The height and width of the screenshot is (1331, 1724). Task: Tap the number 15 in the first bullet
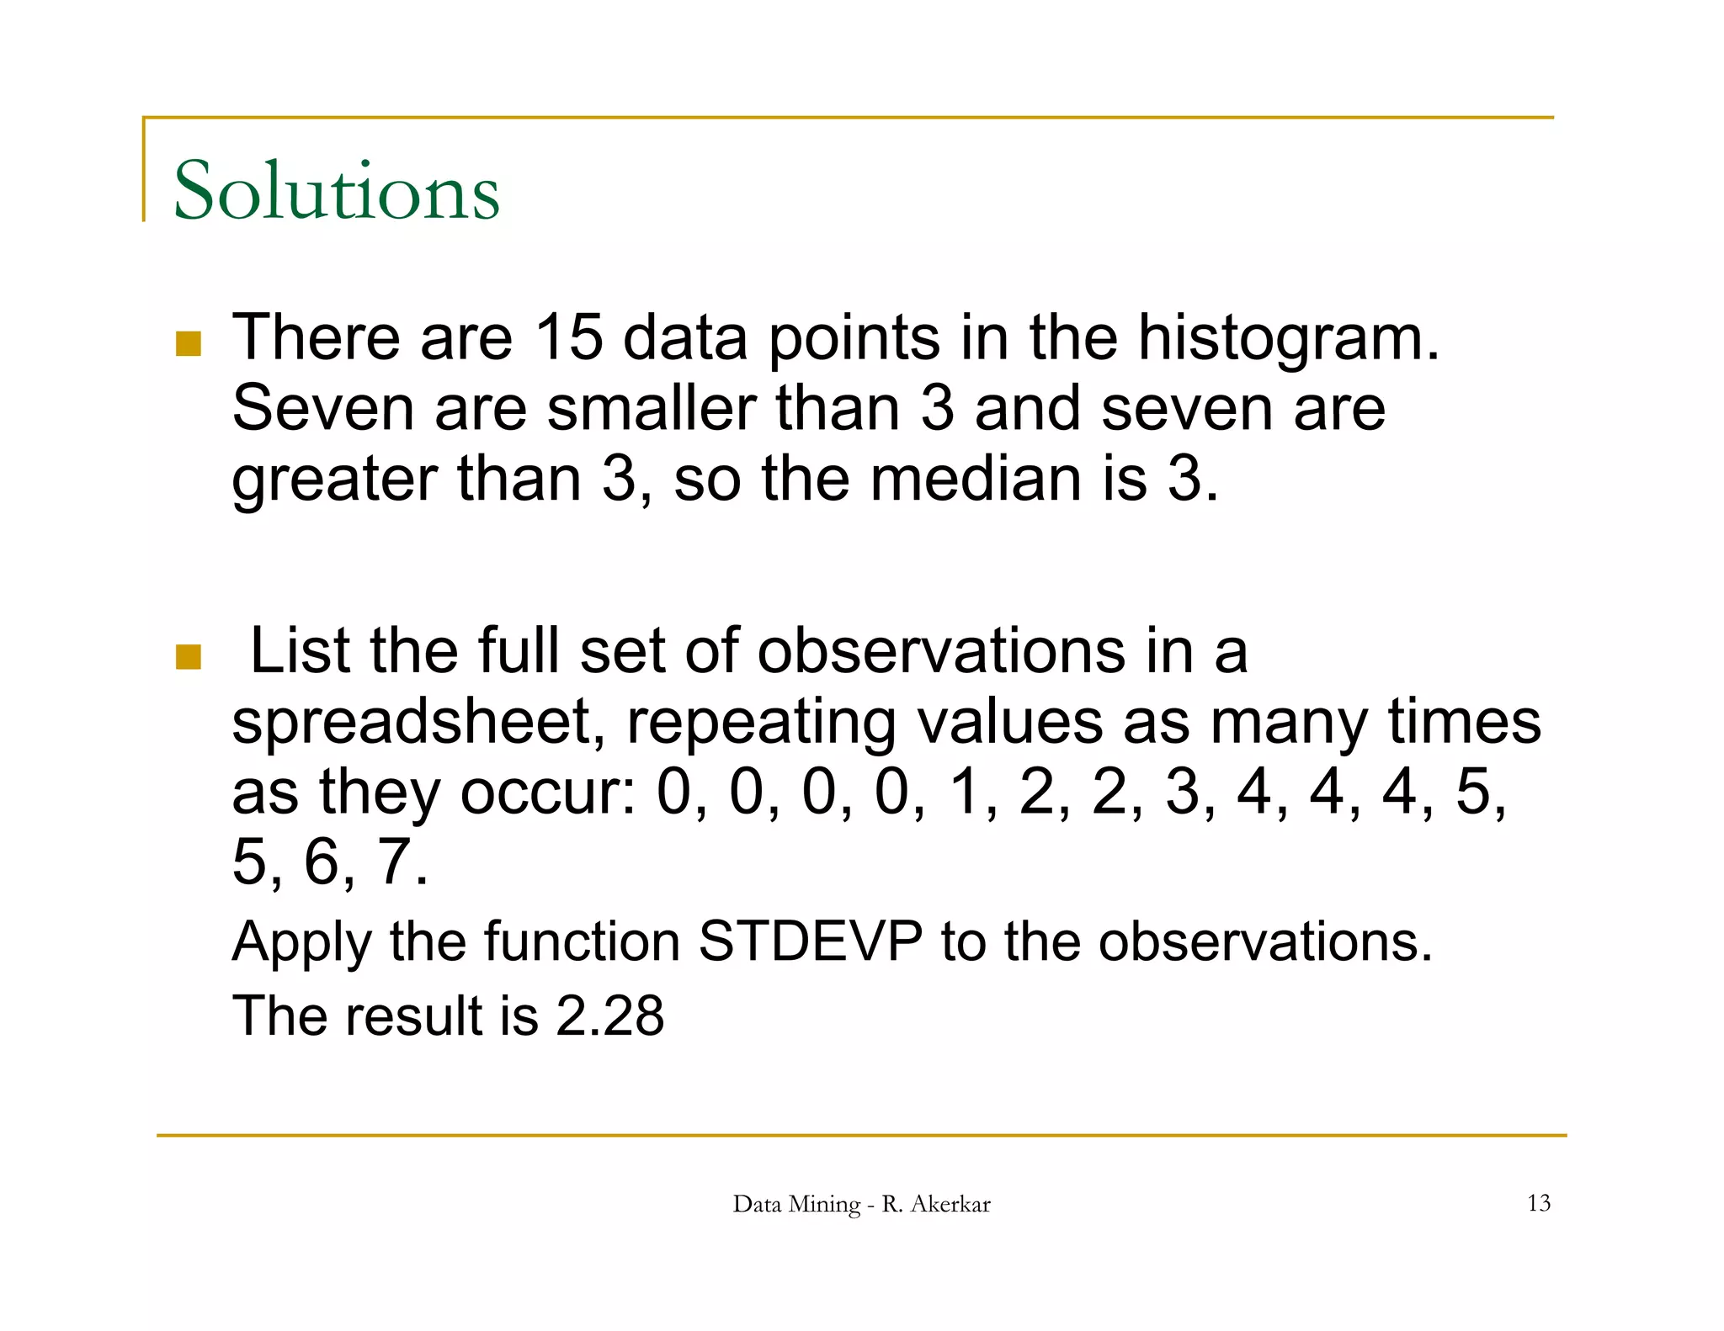(x=569, y=337)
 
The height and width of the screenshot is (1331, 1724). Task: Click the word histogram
(x=1288, y=339)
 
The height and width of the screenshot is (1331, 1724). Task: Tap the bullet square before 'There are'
(x=189, y=344)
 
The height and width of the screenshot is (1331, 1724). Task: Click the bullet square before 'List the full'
(x=189, y=657)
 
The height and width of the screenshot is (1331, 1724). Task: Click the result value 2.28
(x=610, y=1015)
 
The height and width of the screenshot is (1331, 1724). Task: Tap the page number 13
(x=1538, y=1203)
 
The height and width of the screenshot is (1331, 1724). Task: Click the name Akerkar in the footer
(x=950, y=1204)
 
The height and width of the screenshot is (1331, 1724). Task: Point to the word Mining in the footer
(x=826, y=1205)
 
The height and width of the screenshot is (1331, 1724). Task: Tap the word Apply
(x=301, y=942)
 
